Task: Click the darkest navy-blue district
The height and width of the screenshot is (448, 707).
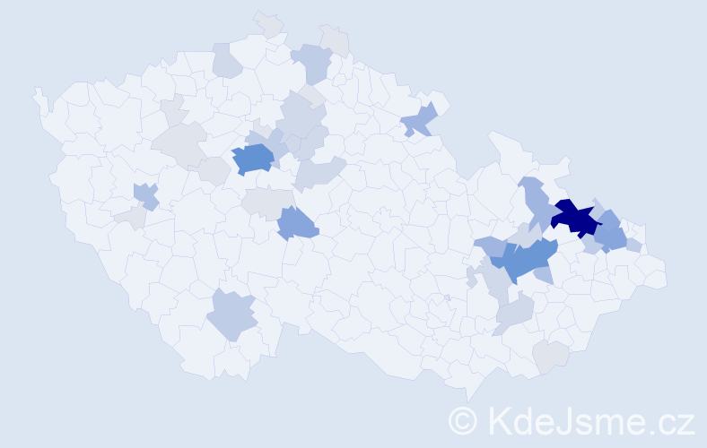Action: point(574,218)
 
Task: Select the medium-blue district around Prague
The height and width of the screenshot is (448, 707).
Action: point(253,159)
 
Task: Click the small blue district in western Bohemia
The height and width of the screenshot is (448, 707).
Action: point(145,194)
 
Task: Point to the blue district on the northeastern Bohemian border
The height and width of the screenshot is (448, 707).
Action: point(420,119)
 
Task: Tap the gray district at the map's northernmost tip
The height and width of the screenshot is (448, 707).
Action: point(267,23)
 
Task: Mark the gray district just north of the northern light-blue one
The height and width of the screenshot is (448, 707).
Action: point(335,39)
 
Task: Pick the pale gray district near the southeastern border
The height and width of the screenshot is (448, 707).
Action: point(551,356)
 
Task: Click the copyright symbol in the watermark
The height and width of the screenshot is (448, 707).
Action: point(463,420)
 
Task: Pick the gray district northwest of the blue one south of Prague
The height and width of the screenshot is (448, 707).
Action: point(266,202)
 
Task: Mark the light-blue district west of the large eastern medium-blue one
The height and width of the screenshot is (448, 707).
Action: point(489,245)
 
